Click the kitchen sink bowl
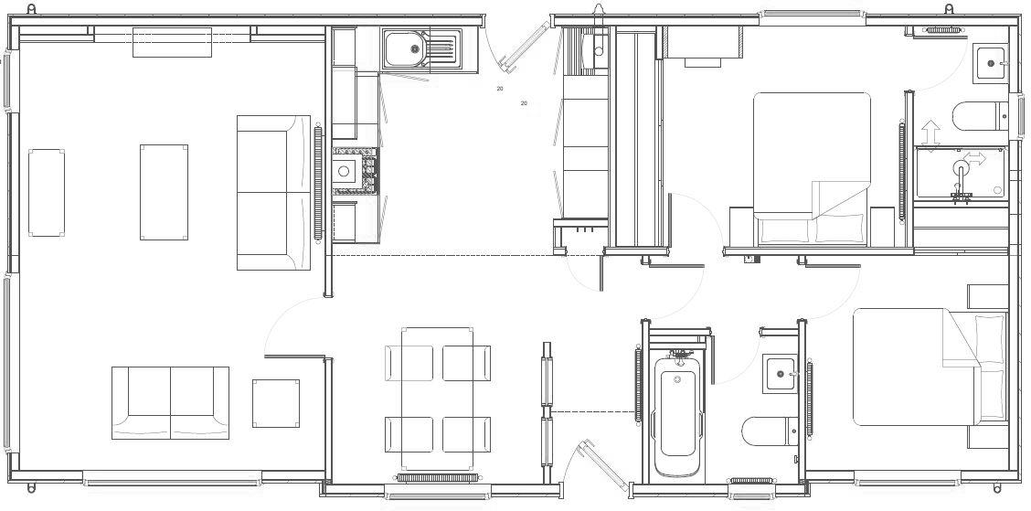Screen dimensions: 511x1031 point(403,48)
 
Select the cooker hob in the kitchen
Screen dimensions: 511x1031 point(355,171)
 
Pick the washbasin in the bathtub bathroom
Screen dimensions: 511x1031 point(780,374)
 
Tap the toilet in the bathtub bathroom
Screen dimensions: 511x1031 point(766,431)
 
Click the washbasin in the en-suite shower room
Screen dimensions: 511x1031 point(989,63)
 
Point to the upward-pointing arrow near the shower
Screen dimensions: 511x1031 point(930,132)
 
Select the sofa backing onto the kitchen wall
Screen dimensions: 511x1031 point(273,192)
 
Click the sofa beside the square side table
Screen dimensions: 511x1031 point(170,402)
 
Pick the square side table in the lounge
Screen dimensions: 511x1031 point(276,402)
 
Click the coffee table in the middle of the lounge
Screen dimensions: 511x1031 point(164,192)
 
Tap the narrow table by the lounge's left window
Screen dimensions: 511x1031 point(47,193)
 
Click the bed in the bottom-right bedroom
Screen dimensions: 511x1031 point(928,367)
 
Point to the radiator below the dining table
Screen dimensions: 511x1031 point(438,477)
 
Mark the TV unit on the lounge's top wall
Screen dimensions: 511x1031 point(172,41)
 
